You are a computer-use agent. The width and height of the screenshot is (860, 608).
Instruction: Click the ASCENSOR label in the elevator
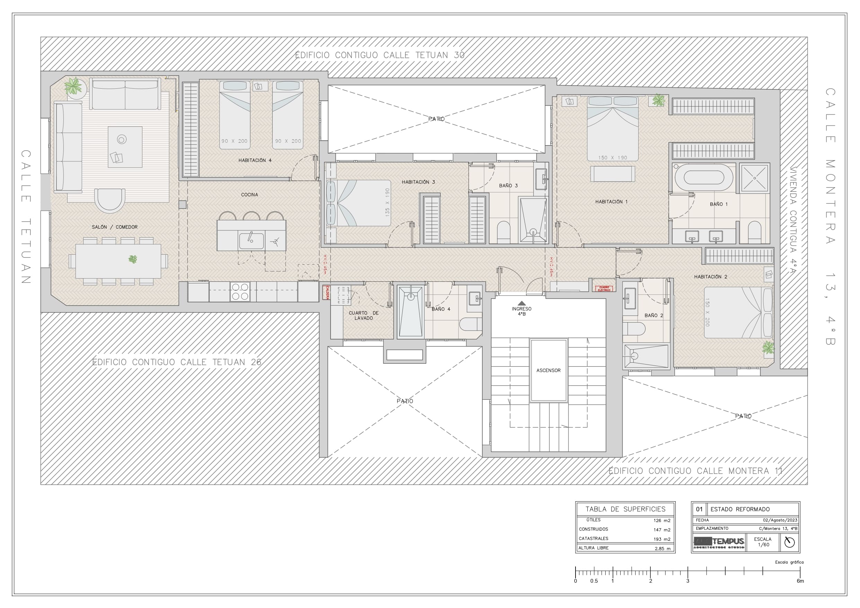[x=548, y=370]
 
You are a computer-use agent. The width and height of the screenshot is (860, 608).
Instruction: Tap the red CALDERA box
[x=327, y=292]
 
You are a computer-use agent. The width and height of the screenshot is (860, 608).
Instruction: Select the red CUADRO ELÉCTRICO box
[x=604, y=289]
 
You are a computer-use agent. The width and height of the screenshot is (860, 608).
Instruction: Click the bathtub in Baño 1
[x=703, y=178]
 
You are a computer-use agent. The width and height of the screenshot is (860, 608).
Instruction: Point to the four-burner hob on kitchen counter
[x=240, y=291]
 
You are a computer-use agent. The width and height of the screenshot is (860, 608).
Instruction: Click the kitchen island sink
[x=251, y=240]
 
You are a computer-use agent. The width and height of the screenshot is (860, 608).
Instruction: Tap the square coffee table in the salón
[x=125, y=147]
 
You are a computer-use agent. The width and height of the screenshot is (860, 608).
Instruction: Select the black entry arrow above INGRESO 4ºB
[x=521, y=303]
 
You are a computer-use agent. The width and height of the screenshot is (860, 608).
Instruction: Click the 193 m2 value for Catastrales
[x=662, y=539]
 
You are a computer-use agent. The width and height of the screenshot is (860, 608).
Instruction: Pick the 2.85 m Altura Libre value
[x=662, y=548]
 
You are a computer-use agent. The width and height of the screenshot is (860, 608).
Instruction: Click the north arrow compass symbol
[x=789, y=542]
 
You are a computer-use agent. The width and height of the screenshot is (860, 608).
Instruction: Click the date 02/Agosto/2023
[x=780, y=520]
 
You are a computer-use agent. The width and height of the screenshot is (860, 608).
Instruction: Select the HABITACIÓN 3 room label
[x=418, y=182]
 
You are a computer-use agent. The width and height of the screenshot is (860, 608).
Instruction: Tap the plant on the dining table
[x=133, y=259]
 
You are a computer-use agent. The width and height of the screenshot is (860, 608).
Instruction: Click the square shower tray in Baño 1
[x=754, y=178]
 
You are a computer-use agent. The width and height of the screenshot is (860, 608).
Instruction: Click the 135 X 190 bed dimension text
[x=387, y=202]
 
